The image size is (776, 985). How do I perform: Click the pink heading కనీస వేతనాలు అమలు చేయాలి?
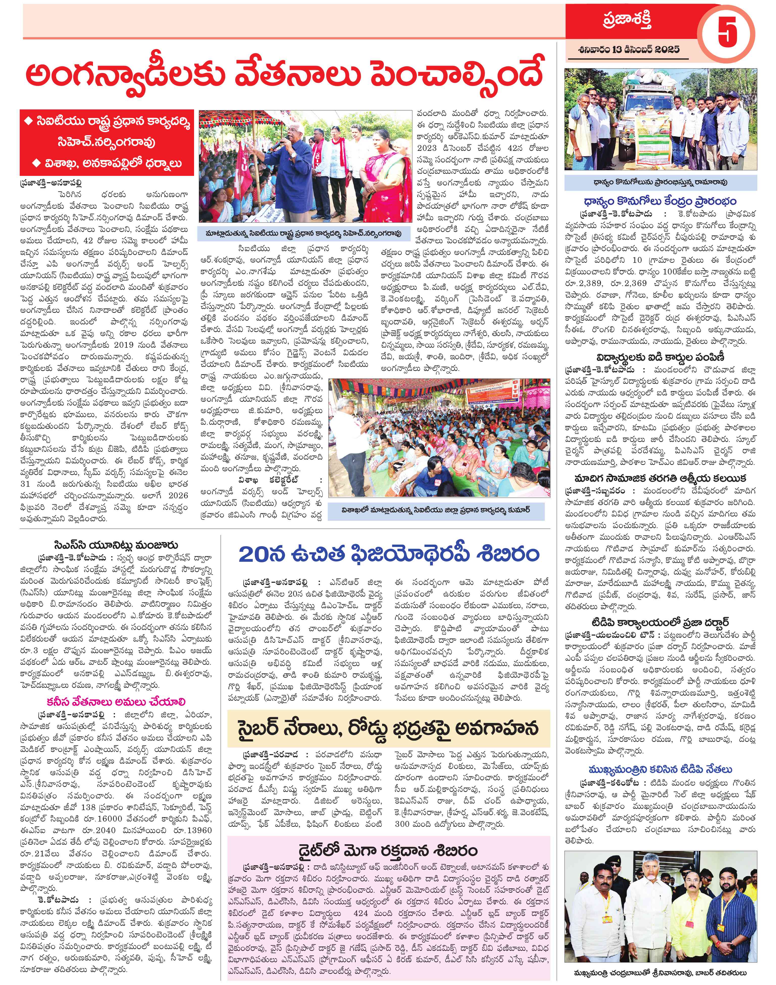[115, 701]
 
